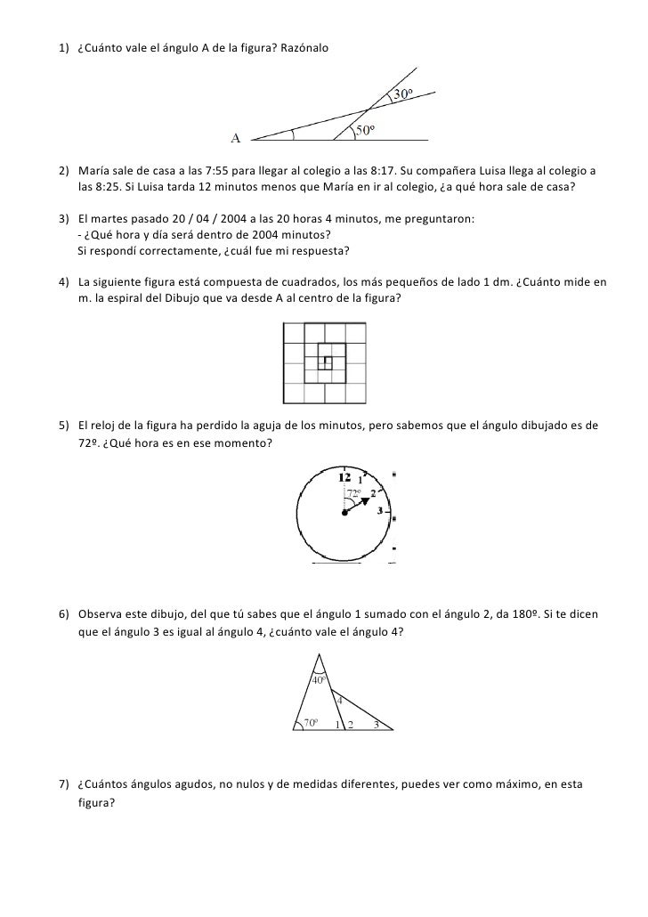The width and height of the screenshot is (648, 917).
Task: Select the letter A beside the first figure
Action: click(x=238, y=138)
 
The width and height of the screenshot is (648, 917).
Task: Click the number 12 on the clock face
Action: click(x=344, y=478)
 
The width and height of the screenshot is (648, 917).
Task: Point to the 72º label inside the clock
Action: click(x=353, y=492)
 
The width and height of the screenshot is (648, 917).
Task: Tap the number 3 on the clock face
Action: click(x=380, y=511)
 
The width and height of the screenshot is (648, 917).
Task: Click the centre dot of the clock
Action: click(x=344, y=513)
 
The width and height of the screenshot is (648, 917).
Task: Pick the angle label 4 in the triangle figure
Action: click(x=339, y=699)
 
